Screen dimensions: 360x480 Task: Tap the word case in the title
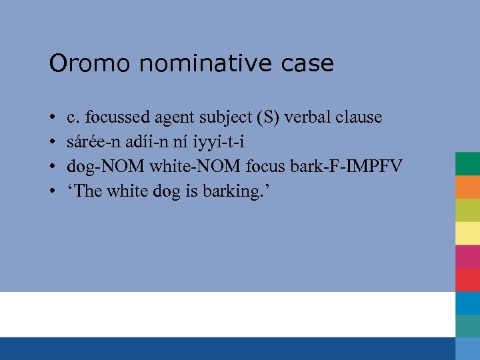click(x=307, y=64)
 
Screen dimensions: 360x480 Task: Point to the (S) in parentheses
click(x=268, y=117)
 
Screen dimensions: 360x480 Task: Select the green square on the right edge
click(x=468, y=163)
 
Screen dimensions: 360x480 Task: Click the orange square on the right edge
click(x=468, y=187)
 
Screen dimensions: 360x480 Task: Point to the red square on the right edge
click(x=468, y=279)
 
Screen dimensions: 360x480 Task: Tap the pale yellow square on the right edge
click(x=468, y=233)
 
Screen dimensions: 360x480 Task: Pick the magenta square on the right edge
click(x=468, y=257)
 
